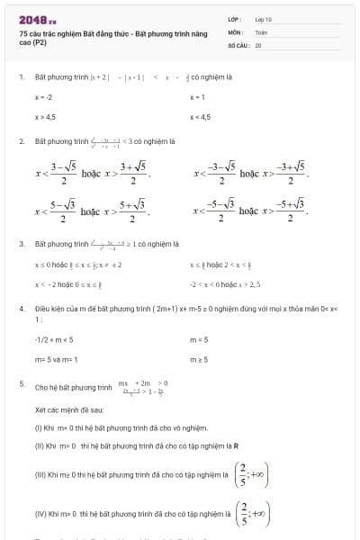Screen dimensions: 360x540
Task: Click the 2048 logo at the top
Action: click(37, 19)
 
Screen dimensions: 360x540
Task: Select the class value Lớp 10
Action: click(264, 18)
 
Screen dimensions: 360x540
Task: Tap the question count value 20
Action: click(258, 43)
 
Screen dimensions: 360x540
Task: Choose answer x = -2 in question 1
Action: click(44, 96)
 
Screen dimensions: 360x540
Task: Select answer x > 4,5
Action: click(46, 117)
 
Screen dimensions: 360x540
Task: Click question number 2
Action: click(21, 141)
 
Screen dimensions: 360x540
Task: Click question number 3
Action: click(21, 243)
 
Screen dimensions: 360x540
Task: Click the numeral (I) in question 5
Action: click(39, 427)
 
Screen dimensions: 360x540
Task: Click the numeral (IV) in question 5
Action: click(40, 514)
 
